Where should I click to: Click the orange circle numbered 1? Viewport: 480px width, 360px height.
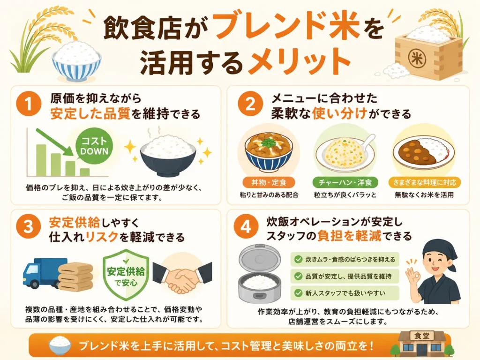(29, 104)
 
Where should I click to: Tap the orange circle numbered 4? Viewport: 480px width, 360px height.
(246, 227)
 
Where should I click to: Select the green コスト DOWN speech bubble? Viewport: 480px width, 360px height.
(94, 146)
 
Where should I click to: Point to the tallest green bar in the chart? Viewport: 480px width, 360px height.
(41, 160)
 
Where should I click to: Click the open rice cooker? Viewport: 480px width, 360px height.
(260, 274)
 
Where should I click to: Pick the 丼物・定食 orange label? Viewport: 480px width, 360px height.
(269, 182)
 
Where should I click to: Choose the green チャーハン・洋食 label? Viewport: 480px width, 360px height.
(345, 182)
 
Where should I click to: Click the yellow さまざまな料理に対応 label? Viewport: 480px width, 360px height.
(425, 182)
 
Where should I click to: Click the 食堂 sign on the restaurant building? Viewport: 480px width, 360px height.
(421, 336)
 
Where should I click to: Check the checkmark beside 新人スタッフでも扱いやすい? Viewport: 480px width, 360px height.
(298, 293)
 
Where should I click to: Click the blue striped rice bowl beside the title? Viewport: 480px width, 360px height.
(76, 62)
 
